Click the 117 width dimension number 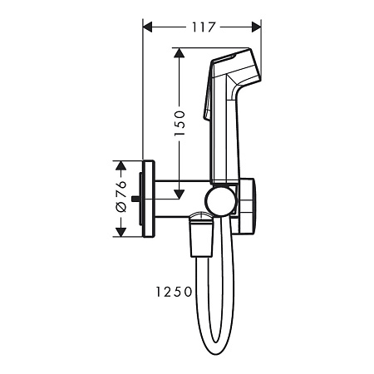click(x=203, y=27)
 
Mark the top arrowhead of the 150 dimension click(x=177, y=53)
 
